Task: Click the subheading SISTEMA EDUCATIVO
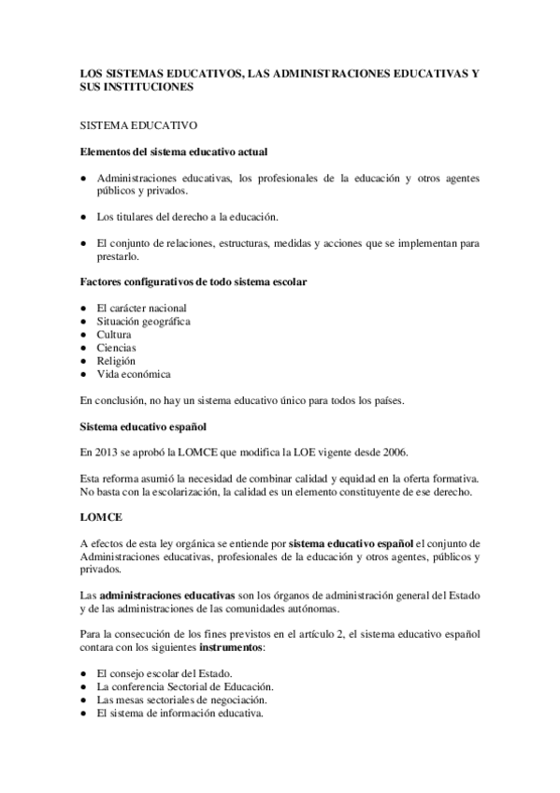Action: tap(136, 123)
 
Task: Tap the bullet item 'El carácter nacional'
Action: tap(141, 308)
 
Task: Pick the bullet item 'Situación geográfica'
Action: tap(143, 321)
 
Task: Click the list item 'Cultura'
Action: tap(114, 334)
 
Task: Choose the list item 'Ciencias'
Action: tap(116, 347)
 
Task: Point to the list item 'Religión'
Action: tap(116, 360)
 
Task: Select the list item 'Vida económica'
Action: tap(134, 374)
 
